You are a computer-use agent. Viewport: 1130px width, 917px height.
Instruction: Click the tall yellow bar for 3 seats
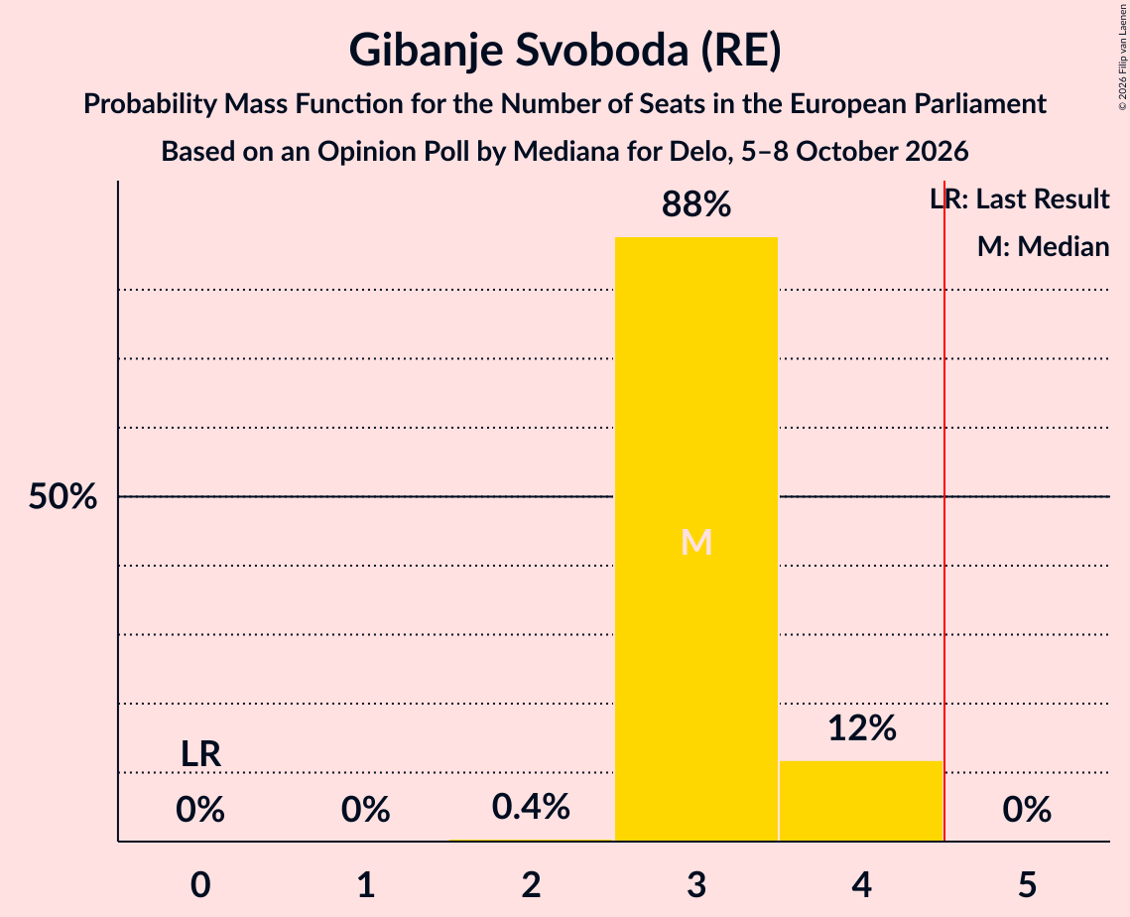pos(696,539)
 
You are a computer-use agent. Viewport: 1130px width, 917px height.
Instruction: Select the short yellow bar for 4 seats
pos(861,801)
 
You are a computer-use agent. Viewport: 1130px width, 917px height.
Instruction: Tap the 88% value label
pos(696,204)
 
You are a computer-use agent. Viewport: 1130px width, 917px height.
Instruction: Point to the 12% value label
pos(862,728)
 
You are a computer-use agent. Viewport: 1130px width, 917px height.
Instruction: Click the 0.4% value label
pos(531,807)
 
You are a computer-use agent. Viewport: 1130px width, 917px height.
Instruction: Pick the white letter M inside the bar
pos(696,542)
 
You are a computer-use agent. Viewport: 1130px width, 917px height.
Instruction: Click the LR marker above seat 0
pos(200,754)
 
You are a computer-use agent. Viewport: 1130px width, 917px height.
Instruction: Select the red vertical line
pos(944,510)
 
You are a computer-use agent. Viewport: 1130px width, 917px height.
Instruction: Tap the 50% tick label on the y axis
pos(63,496)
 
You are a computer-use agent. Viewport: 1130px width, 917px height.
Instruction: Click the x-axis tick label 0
pos(200,884)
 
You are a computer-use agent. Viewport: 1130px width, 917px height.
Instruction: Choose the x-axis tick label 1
pos(366,884)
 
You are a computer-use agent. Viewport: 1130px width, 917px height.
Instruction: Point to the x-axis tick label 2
pos(531,884)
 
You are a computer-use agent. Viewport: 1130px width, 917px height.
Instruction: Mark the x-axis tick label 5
pos(1027,884)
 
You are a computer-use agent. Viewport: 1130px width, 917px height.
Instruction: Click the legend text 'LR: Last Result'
pos(1020,198)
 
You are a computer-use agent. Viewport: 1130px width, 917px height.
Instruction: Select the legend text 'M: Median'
pos(1044,246)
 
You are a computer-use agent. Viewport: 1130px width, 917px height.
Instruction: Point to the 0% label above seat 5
pos(1027,810)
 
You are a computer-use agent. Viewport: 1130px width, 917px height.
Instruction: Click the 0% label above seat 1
pos(366,810)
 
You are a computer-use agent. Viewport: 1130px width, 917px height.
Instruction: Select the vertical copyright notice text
pos(1122,57)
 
